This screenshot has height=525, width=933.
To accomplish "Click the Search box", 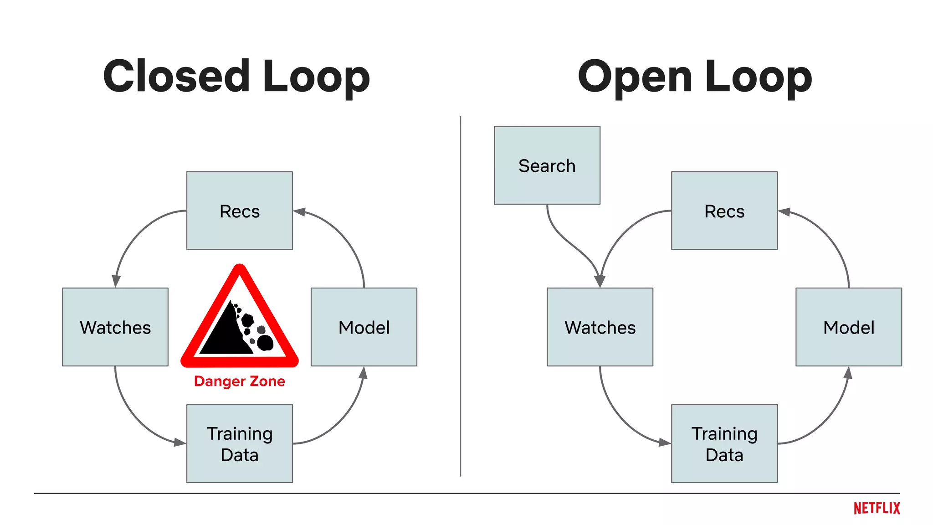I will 547,165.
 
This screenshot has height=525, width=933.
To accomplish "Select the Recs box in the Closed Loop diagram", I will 239,211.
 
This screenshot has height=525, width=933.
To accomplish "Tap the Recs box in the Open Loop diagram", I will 724,211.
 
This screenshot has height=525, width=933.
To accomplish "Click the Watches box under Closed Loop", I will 115,327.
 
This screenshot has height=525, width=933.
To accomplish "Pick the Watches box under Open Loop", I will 600,327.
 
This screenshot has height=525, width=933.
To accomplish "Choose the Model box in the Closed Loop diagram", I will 364,327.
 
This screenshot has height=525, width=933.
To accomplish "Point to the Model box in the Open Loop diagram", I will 848,327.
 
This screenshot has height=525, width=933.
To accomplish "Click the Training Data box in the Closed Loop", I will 239,443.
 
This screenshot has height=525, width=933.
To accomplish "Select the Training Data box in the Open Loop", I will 724,443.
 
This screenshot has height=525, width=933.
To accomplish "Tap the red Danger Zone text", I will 239,381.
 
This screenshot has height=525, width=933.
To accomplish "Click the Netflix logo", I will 877,508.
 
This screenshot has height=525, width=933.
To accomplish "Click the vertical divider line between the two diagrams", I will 461,296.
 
